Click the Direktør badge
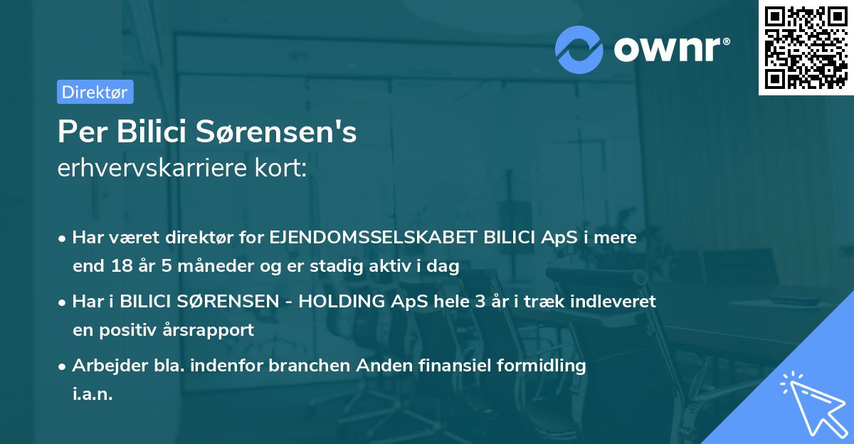[x=95, y=92]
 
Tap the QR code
[x=806, y=47]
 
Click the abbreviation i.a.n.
[x=93, y=393]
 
